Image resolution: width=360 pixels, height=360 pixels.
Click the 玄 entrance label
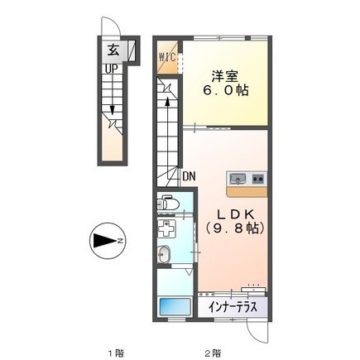(113, 50)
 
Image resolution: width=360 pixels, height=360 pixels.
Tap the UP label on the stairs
(111, 69)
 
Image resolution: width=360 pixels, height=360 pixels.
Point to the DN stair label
(189, 176)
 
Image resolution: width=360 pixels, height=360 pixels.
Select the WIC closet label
(167, 58)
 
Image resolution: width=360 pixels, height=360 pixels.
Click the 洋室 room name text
(225, 76)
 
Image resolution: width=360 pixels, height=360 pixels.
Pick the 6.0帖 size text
(226, 90)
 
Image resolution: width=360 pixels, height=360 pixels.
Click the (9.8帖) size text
(234, 228)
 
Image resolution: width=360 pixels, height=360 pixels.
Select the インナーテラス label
(233, 307)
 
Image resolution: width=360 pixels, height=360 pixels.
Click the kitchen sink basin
(238, 179)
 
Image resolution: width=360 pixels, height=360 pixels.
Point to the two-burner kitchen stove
(259, 179)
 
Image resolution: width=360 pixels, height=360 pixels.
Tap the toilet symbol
(167, 204)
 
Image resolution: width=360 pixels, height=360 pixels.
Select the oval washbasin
(164, 253)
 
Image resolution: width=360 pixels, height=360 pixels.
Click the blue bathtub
(175, 308)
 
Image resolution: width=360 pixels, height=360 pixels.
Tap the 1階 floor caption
(115, 353)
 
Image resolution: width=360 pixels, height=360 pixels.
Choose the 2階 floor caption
(213, 353)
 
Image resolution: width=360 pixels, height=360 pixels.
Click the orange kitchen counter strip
(247, 191)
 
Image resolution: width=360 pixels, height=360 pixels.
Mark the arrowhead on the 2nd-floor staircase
(167, 101)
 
